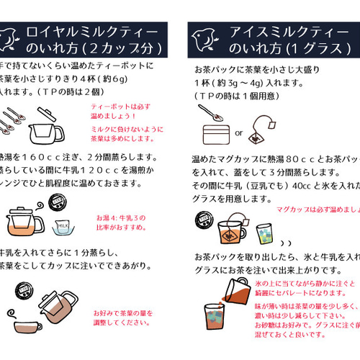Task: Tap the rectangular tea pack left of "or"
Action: pos(213,133)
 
